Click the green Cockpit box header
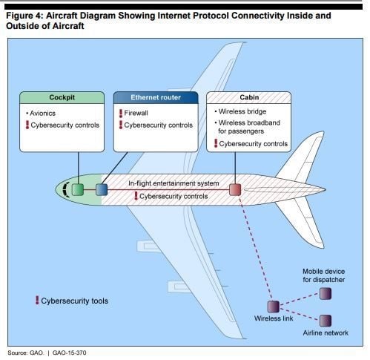click(x=62, y=97)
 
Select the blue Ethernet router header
click(x=156, y=97)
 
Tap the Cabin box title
click(x=249, y=97)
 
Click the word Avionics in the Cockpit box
click(x=42, y=114)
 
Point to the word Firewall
click(x=136, y=113)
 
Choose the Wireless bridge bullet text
click(x=242, y=111)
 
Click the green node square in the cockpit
click(x=78, y=190)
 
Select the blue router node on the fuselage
click(x=102, y=190)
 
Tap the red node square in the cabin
click(x=235, y=190)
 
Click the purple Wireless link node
click(x=274, y=307)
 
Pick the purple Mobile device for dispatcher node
click(x=326, y=294)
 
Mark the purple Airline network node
click(x=326, y=321)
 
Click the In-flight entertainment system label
click(x=174, y=183)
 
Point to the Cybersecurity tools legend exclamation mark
click(x=37, y=300)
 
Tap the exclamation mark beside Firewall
click(x=121, y=114)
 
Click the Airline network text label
click(x=326, y=333)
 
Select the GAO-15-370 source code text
click(x=70, y=353)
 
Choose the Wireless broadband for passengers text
click(x=249, y=127)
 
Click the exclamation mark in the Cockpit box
click(x=27, y=125)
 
